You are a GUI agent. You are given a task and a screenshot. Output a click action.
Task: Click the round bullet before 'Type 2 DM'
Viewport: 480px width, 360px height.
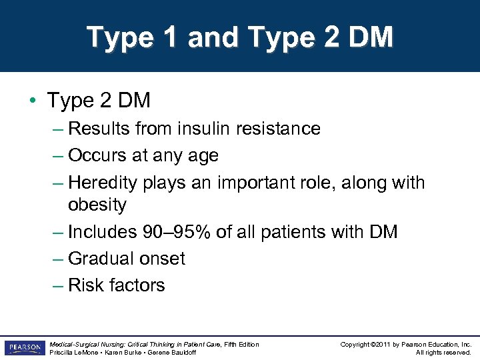tap(33, 101)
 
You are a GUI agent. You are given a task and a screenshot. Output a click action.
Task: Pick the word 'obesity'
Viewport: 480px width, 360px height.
tap(97, 205)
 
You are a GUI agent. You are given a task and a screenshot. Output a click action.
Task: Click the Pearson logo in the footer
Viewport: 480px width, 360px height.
tap(25, 347)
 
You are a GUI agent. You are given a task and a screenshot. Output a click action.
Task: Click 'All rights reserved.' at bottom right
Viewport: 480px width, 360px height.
tap(444, 352)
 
